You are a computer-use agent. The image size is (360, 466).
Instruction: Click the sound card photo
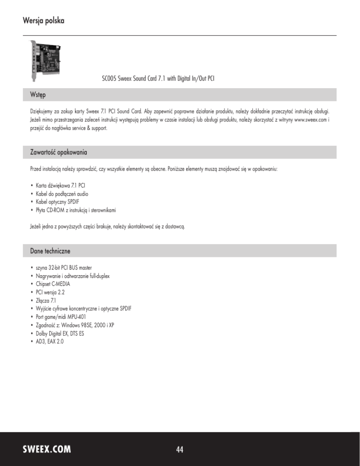click(46, 60)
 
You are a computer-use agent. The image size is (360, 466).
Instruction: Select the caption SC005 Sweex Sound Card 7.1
click(161, 78)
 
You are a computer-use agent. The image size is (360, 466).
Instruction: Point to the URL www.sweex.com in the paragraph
click(308, 120)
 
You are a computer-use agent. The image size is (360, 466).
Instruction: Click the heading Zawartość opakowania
click(56, 153)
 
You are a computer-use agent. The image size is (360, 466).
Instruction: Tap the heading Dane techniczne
click(47, 251)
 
